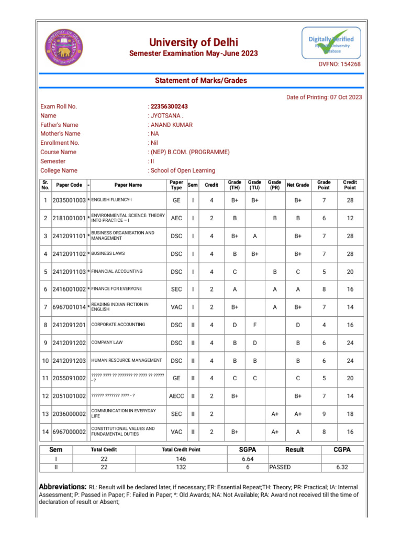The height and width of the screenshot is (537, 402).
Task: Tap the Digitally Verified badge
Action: (331, 43)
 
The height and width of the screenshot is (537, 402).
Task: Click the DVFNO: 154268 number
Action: (340, 64)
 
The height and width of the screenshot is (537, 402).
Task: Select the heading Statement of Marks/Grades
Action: (200, 80)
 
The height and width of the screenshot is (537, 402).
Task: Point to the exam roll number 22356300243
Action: (169, 106)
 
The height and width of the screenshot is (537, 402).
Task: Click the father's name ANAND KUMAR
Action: (172, 125)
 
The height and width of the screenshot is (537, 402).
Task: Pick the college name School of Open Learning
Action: (183, 170)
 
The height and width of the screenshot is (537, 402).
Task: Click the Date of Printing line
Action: (323, 97)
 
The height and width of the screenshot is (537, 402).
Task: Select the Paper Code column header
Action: (69, 185)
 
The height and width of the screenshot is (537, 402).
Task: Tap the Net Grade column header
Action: (298, 185)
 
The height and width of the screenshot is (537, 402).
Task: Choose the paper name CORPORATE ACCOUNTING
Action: (118, 325)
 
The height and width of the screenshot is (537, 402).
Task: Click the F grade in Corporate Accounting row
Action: (254, 325)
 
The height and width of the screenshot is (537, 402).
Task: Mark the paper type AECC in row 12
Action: (176, 396)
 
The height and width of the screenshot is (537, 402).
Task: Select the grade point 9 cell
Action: (324, 414)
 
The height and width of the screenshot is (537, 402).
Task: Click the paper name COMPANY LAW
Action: (107, 342)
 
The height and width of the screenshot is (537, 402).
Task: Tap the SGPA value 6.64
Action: (248, 459)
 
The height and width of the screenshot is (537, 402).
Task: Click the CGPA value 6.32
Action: (342, 467)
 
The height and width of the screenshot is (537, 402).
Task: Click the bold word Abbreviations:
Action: (63, 487)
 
